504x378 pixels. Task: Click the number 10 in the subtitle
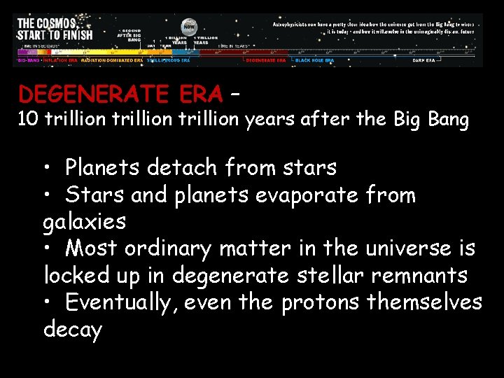tap(28, 120)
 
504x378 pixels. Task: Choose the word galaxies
tap(85, 222)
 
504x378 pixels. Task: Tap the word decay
tap(73, 329)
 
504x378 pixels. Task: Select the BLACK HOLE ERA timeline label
tap(314, 60)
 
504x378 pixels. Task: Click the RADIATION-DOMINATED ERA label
tap(112, 60)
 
